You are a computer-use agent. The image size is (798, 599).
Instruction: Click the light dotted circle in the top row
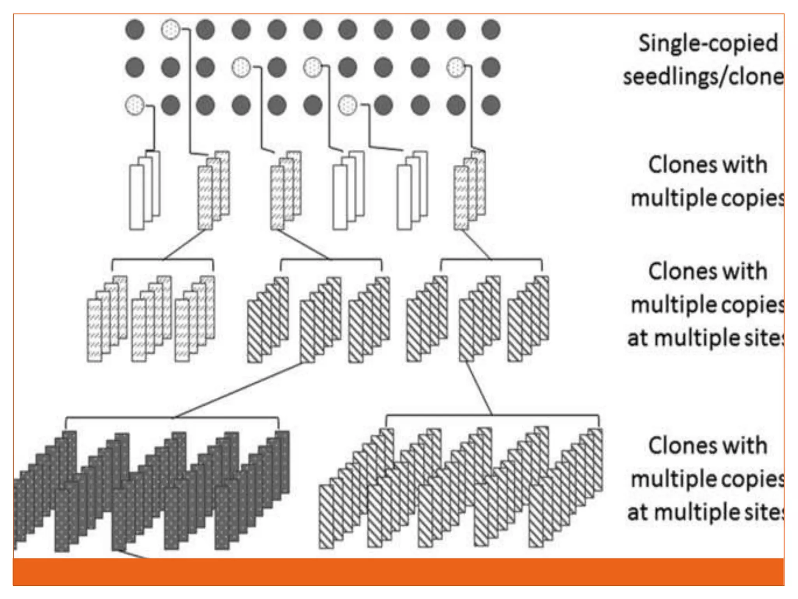(x=171, y=29)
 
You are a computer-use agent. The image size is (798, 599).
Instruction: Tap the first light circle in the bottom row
(x=135, y=105)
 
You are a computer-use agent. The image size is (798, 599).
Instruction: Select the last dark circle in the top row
(x=491, y=29)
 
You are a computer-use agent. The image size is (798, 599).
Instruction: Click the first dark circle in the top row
(x=135, y=29)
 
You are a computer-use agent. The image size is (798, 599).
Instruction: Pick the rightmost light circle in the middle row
(x=456, y=67)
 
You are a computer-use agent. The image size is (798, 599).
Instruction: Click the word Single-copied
(x=708, y=43)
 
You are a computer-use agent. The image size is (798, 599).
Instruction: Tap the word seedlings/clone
(x=703, y=76)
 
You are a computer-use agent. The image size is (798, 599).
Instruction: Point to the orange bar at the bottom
(x=398, y=572)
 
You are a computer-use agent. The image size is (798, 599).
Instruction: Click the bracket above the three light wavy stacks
(x=162, y=260)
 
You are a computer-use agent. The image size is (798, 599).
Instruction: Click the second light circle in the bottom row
(x=347, y=105)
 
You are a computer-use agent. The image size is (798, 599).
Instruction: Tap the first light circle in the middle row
(x=241, y=67)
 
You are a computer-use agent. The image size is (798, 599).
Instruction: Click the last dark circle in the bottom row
(x=491, y=105)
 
